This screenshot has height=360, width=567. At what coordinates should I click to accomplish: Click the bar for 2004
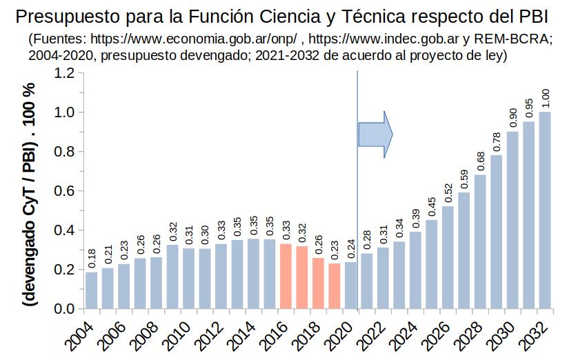point(91,290)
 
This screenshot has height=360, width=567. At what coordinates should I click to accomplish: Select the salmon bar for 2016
point(286,276)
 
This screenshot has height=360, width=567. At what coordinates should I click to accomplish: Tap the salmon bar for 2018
point(318,283)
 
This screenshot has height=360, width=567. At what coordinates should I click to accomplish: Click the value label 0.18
point(91,259)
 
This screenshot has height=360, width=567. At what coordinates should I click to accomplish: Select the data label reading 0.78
point(497,142)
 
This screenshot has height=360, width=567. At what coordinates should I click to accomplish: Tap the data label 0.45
point(432,207)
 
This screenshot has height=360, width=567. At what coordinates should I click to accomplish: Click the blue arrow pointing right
point(375,132)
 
